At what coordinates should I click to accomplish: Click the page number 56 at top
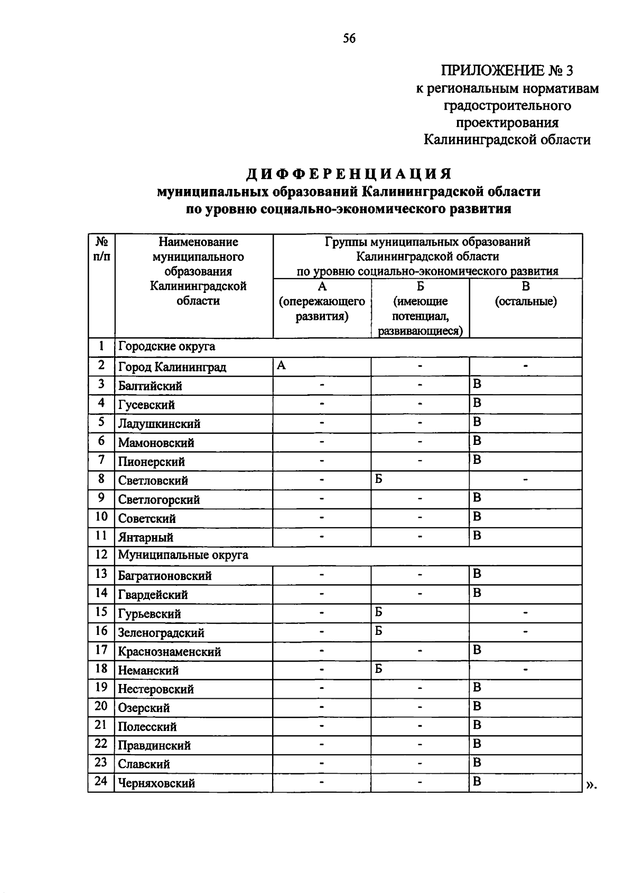coord(349,38)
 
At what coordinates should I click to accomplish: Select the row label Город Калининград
coord(172,367)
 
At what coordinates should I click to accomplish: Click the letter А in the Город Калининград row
coord(282,365)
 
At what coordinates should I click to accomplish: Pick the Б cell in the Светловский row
coord(379,479)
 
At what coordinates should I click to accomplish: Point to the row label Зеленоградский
coord(161,632)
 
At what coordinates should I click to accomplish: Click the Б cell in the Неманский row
coord(379,669)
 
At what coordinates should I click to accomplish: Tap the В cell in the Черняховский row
coord(477,782)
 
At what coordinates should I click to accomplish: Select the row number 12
coord(101,555)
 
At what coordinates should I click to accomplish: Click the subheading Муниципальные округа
coord(183,555)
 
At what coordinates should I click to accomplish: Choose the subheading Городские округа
coord(166,347)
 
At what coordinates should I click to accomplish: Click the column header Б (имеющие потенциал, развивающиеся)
coord(420,308)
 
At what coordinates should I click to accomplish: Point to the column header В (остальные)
coord(525,294)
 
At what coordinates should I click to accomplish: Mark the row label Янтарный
coord(146,537)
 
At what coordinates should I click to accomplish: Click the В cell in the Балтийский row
coord(477,384)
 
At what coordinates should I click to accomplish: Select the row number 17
coord(101,650)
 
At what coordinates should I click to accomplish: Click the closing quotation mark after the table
coord(590,785)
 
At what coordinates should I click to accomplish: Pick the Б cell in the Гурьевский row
coord(379,612)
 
